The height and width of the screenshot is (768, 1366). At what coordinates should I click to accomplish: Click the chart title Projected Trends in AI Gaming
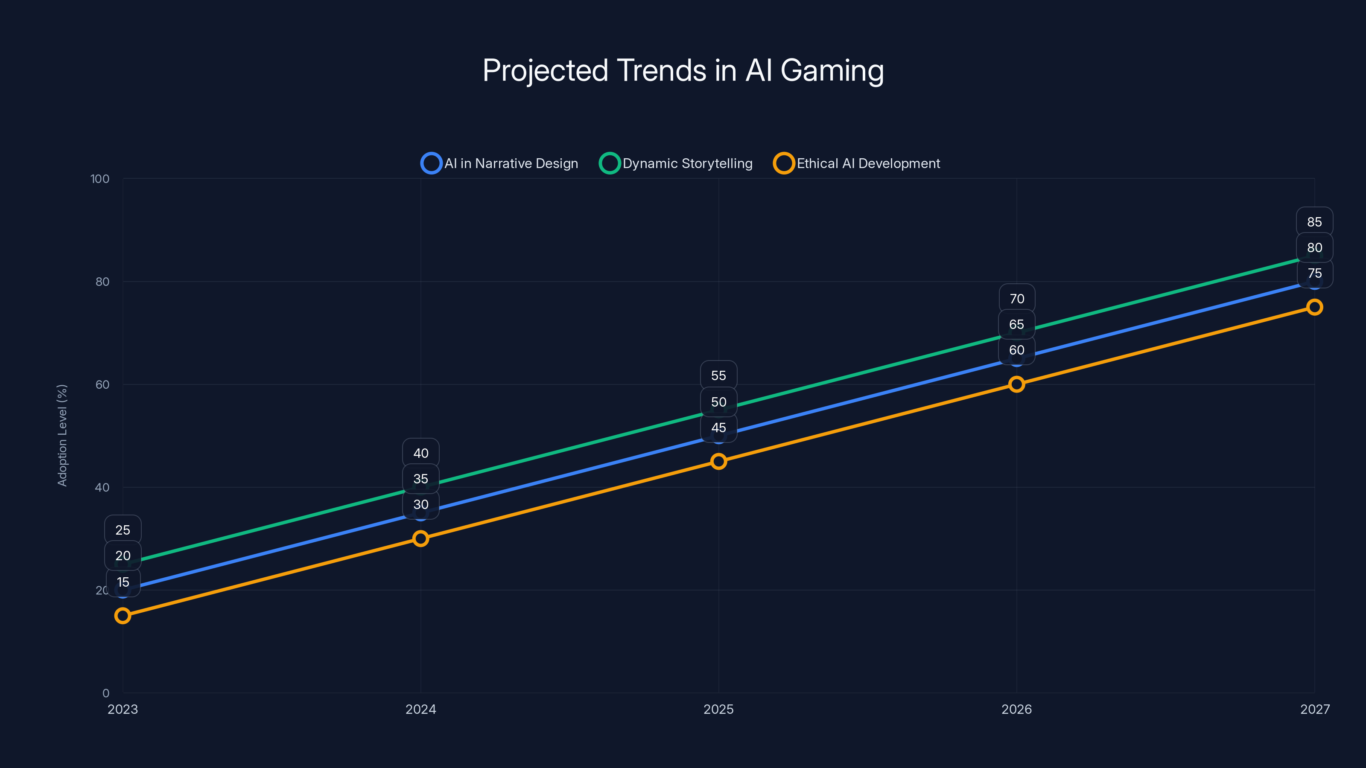coord(683,70)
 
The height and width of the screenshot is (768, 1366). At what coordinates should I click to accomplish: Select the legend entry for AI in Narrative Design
coord(499,163)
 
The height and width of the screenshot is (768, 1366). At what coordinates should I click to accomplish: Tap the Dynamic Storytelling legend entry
coord(676,163)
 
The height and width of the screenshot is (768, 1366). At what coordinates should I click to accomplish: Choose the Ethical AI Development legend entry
coord(856,163)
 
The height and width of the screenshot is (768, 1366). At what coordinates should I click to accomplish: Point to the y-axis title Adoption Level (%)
coord(63,435)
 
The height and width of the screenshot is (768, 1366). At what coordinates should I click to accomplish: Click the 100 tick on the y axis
coord(100,179)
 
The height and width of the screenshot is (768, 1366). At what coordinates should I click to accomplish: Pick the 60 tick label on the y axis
coord(102,385)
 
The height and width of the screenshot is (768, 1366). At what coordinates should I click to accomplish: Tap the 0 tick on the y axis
coord(106,693)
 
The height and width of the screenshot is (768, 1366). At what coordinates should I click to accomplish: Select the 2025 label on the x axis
coord(718,709)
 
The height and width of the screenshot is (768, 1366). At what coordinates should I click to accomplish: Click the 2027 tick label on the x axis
coord(1315,709)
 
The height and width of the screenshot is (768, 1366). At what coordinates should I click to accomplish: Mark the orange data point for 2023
coord(123,615)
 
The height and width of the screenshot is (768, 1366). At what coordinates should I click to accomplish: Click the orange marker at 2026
coord(1016,384)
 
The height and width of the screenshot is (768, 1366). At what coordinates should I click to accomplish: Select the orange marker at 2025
coord(718,462)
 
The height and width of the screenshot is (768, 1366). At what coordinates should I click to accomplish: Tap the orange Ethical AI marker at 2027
coord(1315,307)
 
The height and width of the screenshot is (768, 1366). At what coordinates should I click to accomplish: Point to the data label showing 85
coord(1315,222)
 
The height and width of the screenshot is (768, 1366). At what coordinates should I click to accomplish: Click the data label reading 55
coord(718,376)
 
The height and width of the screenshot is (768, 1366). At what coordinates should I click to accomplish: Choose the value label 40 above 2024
coord(420,453)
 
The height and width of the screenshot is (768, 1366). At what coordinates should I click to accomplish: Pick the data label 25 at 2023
coord(123,530)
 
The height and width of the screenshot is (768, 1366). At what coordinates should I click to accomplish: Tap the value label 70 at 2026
coord(1016,299)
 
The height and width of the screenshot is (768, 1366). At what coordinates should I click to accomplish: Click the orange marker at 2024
coord(420,538)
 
